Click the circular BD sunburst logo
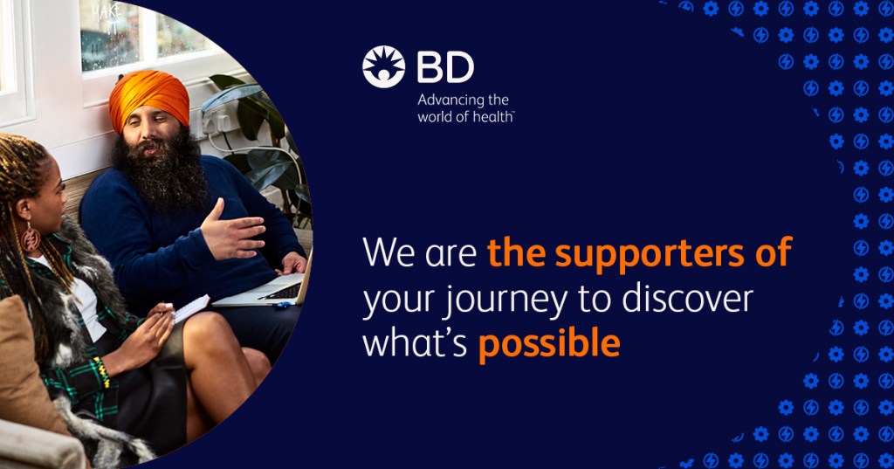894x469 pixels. coord(383,66)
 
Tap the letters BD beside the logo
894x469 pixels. coord(445,67)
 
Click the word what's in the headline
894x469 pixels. coord(415,343)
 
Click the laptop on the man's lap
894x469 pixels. coord(267,288)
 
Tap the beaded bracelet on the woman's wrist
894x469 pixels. coord(103,373)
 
